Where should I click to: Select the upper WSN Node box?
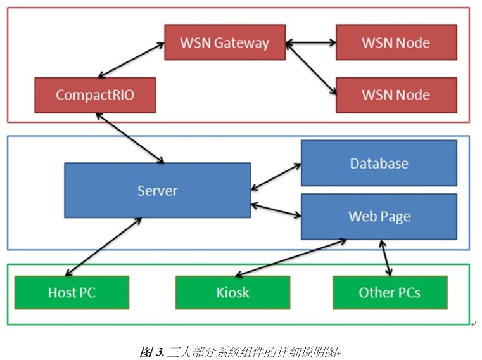[396, 42]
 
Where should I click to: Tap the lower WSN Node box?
[396, 95]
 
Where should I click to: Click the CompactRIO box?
[95, 95]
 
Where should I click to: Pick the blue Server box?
[157, 190]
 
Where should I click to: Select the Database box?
[379, 163]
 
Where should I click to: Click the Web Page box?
[379, 216]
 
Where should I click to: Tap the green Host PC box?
[72, 292]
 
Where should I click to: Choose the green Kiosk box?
[232, 292]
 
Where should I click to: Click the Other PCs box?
[390, 292]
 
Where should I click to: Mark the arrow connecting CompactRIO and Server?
[129, 138]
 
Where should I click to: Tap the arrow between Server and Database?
[276, 177]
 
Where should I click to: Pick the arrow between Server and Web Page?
[276, 210]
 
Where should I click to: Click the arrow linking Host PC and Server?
[101, 248]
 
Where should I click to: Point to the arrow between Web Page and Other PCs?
[385, 257]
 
